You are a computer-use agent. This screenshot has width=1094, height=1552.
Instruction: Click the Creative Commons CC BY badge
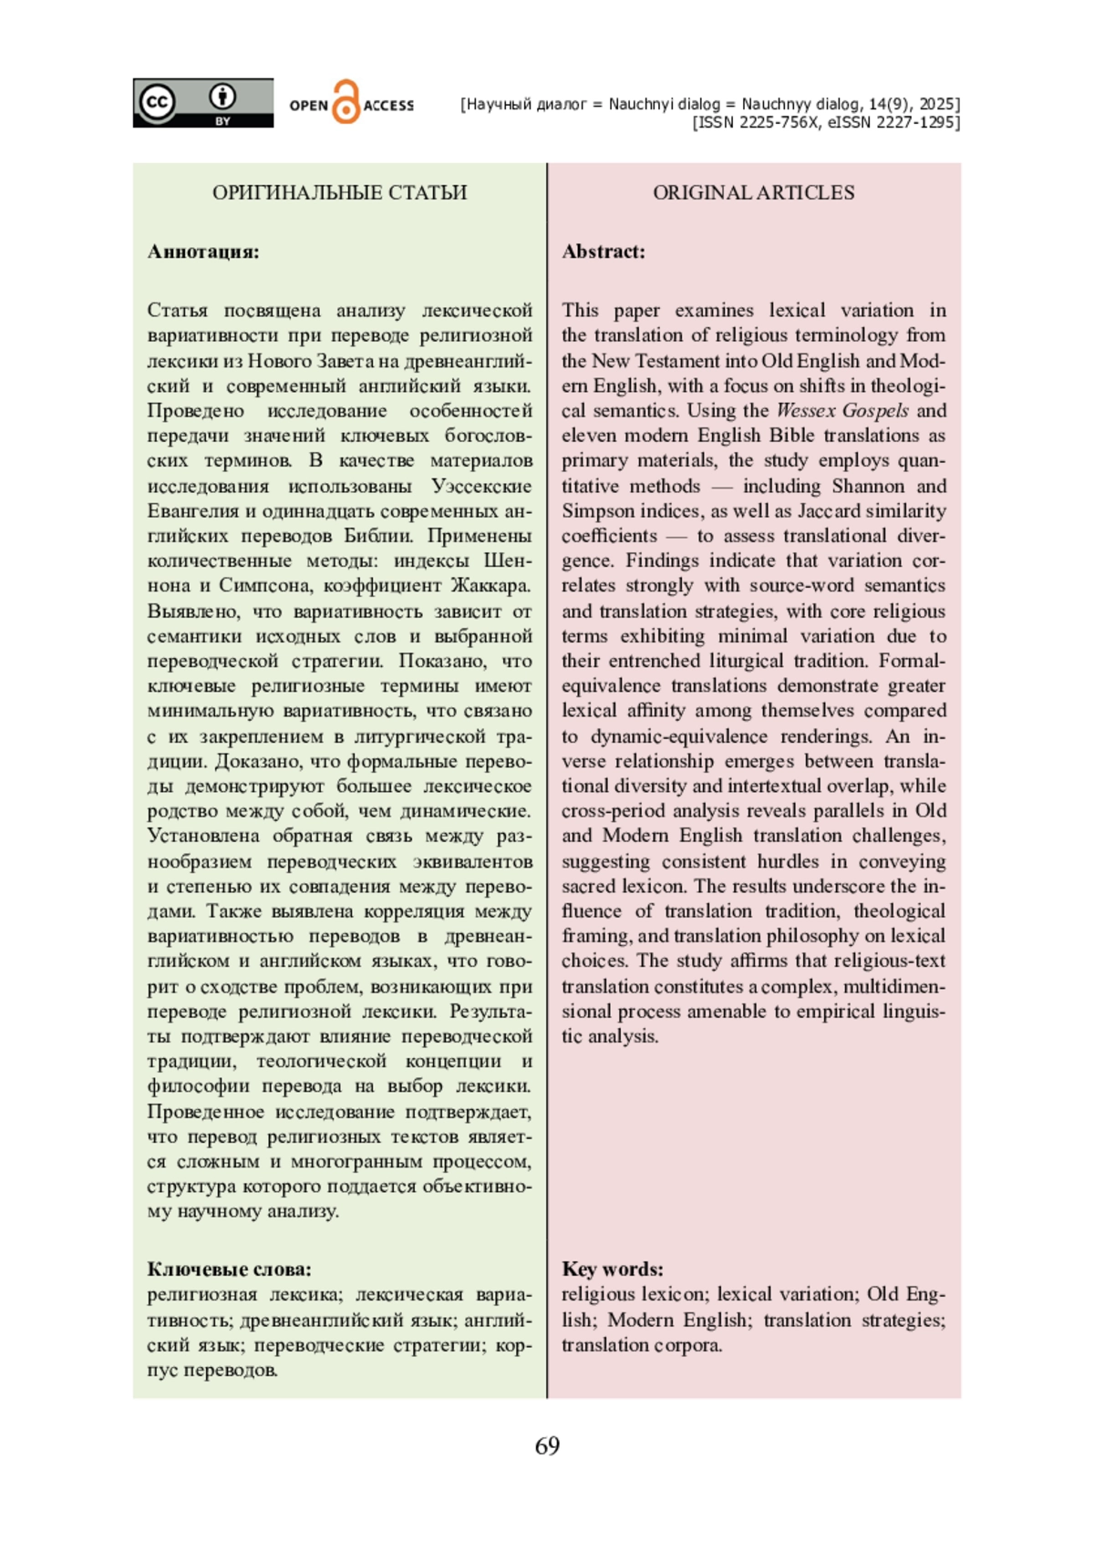point(202,102)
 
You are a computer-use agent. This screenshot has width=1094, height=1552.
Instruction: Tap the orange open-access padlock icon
point(346,102)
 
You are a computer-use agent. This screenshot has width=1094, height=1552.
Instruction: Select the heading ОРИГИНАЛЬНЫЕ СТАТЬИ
point(339,192)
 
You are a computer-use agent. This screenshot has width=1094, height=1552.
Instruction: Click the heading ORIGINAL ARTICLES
point(753,192)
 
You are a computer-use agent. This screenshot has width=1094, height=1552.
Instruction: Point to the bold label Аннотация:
point(203,252)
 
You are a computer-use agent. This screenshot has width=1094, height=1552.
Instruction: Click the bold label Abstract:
point(603,252)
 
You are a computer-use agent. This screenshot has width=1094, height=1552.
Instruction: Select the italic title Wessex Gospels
point(842,410)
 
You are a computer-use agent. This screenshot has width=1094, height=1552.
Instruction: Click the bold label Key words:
point(612,1269)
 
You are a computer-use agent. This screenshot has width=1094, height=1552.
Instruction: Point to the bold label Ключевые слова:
point(229,1269)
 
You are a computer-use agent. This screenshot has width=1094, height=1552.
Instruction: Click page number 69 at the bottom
point(547,1445)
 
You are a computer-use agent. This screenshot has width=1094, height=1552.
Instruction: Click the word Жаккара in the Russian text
point(490,585)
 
